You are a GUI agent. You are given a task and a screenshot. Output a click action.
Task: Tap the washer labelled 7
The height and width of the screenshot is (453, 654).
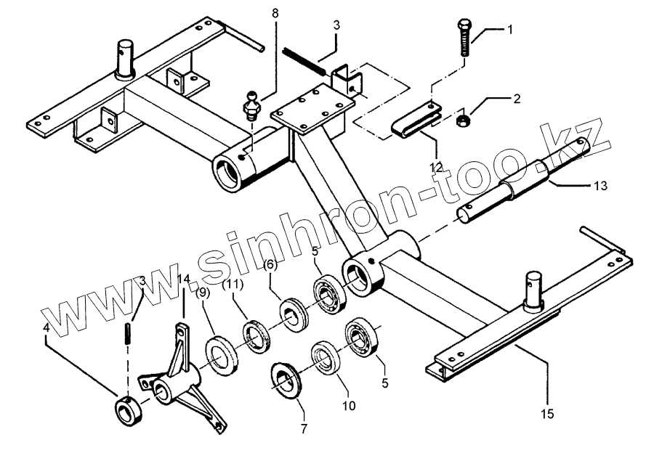point(285,381)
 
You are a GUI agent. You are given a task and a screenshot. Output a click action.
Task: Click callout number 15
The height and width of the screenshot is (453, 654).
point(547,414)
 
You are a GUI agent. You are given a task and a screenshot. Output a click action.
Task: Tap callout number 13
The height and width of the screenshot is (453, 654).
point(601,186)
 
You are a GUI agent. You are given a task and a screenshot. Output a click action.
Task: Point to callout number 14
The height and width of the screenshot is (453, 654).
point(183,279)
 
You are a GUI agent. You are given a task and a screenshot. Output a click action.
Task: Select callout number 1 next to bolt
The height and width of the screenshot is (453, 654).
point(510,30)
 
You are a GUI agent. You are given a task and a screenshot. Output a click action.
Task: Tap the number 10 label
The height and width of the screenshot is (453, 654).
point(349,405)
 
